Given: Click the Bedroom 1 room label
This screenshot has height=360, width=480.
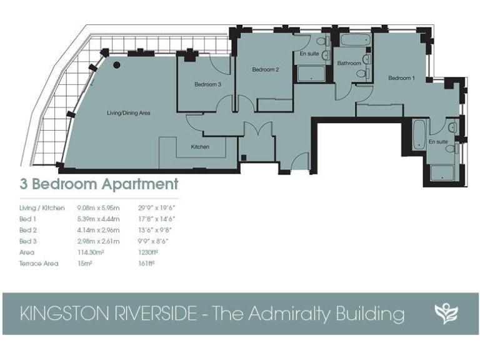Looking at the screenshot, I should click(401, 78).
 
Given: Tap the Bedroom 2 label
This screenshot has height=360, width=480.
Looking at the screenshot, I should click(265, 70).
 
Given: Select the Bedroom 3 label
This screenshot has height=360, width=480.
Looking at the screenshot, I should click(207, 84).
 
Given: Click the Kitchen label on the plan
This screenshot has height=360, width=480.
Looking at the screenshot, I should click(200, 147).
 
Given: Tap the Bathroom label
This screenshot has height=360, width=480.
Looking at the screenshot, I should click(349, 63).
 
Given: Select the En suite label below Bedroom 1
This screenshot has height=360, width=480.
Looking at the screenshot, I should click(438, 142).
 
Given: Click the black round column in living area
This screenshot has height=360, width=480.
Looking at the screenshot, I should click(116, 64).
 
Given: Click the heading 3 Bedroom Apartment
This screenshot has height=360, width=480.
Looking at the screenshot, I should click(99, 184).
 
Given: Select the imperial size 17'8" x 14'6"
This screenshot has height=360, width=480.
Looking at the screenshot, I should click(156, 219).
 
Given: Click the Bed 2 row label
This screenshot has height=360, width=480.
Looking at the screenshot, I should click(28, 230).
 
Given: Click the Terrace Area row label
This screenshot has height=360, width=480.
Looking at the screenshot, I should click(39, 264).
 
